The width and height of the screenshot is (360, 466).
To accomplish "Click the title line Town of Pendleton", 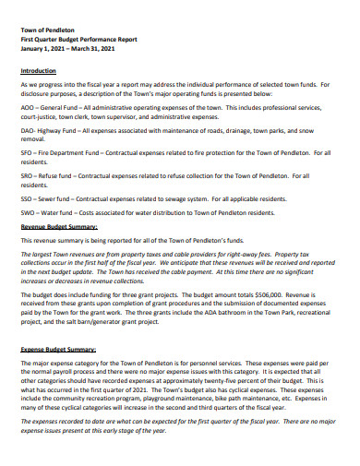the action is click(x=44, y=30).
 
